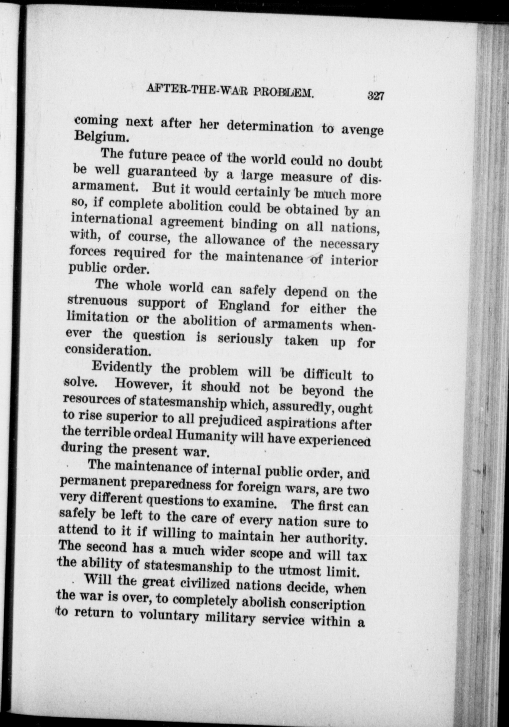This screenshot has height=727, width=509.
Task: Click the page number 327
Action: click(x=376, y=96)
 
